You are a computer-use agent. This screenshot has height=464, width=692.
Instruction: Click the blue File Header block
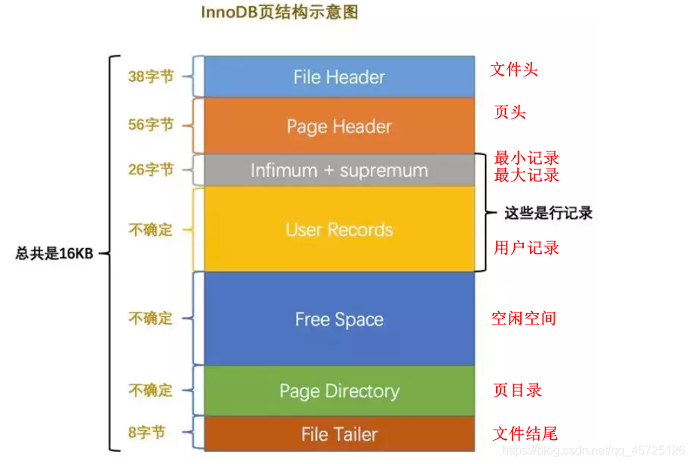click(x=339, y=76)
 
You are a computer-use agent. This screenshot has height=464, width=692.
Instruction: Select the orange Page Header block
click(x=339, y=126)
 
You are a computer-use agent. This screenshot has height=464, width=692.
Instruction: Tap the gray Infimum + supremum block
click(x=339, y=170)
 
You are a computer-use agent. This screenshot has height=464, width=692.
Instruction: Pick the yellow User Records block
click(x=339, y=229)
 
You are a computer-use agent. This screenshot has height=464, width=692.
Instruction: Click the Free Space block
click(x=339, y=319)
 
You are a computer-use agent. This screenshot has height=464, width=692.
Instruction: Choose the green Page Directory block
click(x=339, y=391)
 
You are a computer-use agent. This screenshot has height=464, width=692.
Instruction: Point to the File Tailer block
click(x=339, y=434)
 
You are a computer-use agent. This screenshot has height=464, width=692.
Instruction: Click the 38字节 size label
click(x=151, y=76)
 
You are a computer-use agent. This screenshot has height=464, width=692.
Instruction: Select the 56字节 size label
click(x=151, y=124)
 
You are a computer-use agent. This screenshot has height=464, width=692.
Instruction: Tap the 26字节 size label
click(x=151, y=169)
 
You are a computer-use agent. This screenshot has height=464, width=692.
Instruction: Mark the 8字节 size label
click(x=146, y=433)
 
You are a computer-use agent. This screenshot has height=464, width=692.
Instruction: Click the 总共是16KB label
click(x=54, y=253)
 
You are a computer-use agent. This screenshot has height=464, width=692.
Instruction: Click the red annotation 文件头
click(x=514, y=70)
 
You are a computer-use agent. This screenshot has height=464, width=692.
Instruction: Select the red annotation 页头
click(x=510, y=112)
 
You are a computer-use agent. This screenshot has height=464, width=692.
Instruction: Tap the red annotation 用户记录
click(x=526, y=248)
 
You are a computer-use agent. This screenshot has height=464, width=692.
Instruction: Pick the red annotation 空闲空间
click(x=523, y=318)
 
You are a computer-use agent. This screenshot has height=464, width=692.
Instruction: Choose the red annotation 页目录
click(x=517, y=390)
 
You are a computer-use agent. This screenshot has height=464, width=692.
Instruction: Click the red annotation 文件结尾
click(x=525, y=433)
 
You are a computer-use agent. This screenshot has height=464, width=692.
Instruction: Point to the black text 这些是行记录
click(x=548, y=213)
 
